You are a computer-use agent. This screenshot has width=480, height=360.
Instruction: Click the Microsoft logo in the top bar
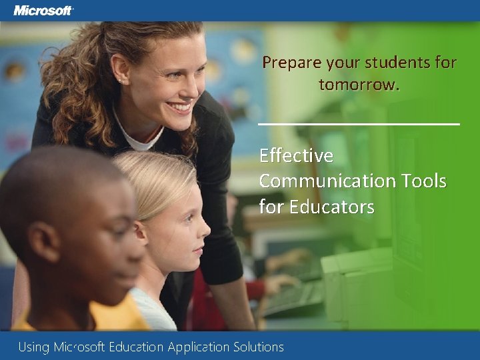tap(43, 11)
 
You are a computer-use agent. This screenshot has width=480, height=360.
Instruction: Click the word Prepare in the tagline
tap(291, 63)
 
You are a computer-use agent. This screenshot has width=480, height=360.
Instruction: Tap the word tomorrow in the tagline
tap(358, 85)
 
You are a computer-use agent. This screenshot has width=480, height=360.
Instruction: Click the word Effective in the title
tap(296, 155)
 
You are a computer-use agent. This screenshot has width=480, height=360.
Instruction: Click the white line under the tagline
tap(359, 124)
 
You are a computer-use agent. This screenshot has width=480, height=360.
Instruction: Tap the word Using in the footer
tap(34, 347)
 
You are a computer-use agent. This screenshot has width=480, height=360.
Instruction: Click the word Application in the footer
tap(199, 347)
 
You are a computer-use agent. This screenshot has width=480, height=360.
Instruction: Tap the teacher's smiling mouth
tap(179, 106)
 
